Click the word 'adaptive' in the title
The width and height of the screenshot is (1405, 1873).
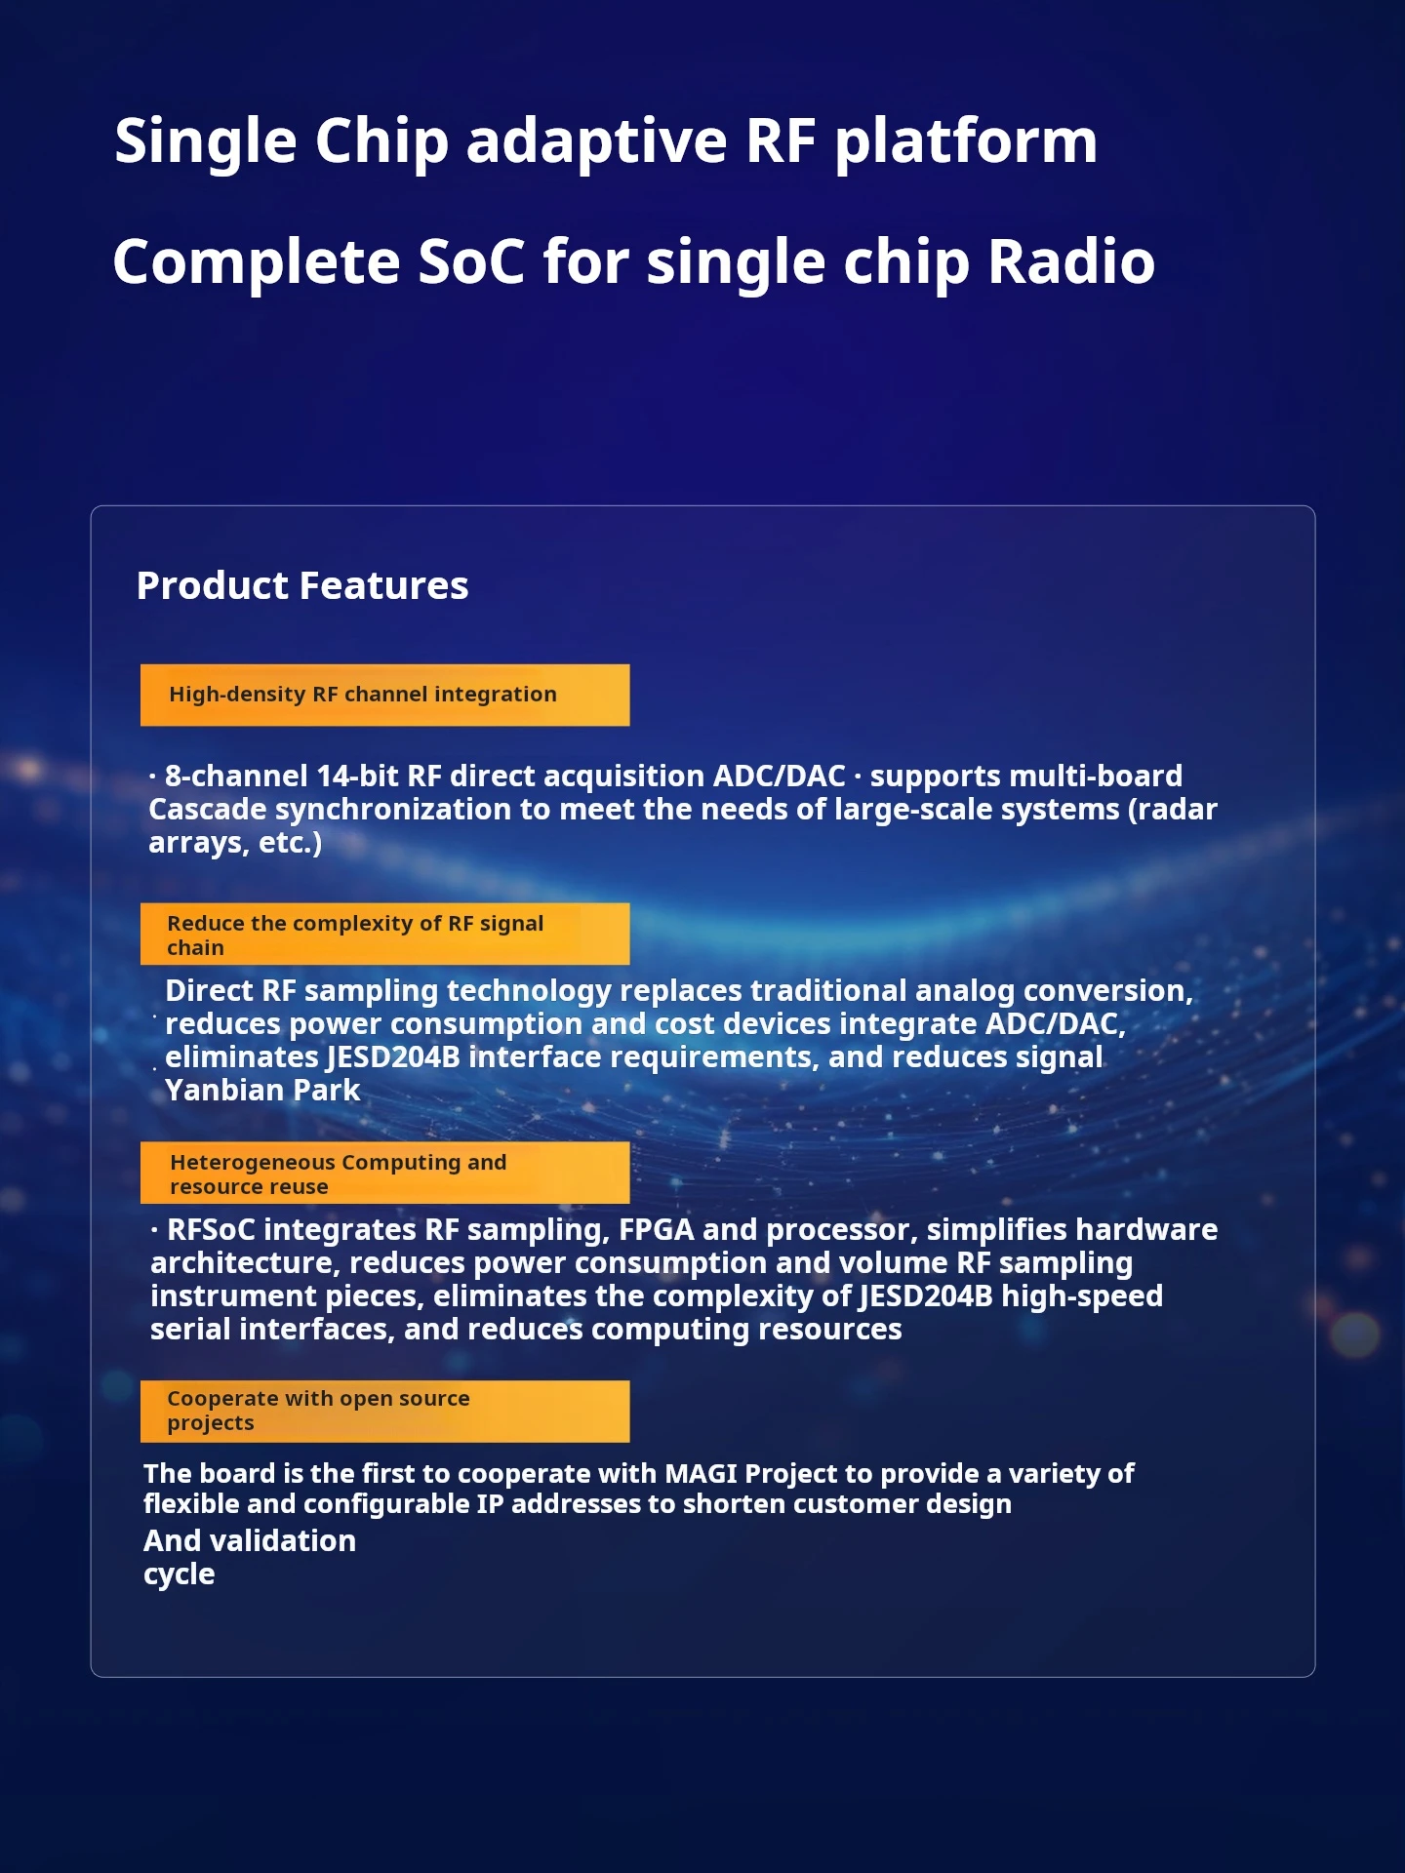pyautogui.click(x=597, y=142)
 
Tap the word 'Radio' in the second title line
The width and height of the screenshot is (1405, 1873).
pyautogui.click(x=1071, y=261)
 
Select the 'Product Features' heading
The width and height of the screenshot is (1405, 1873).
pyautogui.click(x=302, y=585)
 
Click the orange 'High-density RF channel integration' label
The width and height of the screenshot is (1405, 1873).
pyautogui.click(x=384, y=695)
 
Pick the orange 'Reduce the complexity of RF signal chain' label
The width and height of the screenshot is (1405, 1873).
pyautogui.click(x=384, y=934)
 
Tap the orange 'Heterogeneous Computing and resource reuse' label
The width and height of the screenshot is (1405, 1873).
pyautogui.click(x=384, y=1173)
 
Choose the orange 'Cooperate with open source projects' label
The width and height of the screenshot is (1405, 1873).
pyautogui.click(x=384, y=1411)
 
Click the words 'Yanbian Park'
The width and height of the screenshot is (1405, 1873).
pyautogui.click(x=262, y=1091)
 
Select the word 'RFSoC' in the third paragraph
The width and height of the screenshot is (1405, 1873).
pyautogui.click(x=211, y=1230)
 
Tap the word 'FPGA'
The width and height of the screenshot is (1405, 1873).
pyautogui.click(x=657, y=1230)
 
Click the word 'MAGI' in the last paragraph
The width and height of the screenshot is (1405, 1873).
pyautogui.click(x=701, y=1473)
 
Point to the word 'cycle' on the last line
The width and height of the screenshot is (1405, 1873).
pyautogui.click(x=179, y=1574)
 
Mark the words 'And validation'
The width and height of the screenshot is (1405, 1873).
pyautogui.click(x=250, y=1540)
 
